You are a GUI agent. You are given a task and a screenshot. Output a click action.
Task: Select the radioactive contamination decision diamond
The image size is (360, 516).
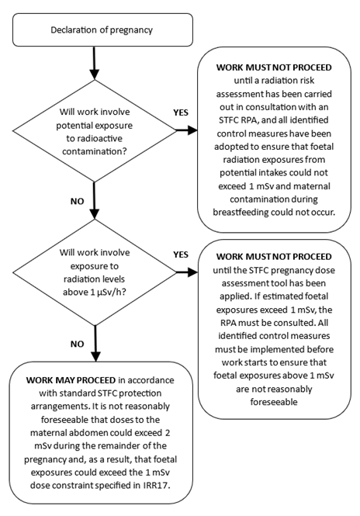(94, 134)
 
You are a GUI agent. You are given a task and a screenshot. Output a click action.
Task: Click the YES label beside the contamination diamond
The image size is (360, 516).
(181, 113)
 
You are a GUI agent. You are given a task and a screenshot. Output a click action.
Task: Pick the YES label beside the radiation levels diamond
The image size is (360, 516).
(180, 254)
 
